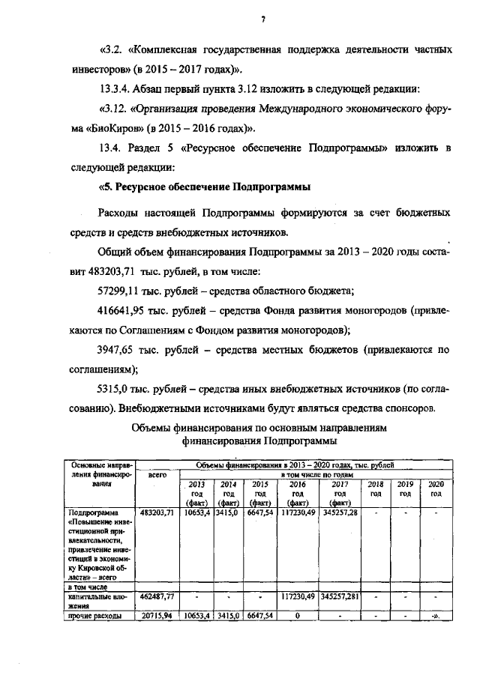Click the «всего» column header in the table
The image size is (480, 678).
(x=157, y=475)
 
